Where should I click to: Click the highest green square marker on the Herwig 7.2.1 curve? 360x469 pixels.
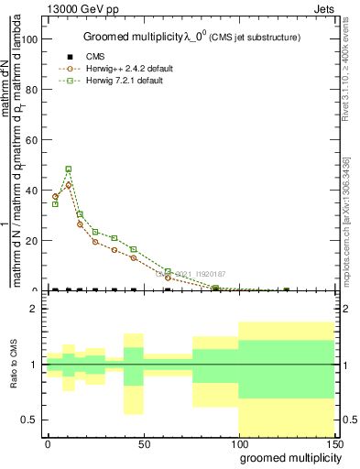pyautogui.click(x=69, y=169)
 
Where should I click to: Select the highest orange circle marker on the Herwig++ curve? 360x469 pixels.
pyautogui.click(x=69, y=185)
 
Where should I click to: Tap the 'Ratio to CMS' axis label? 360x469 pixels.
pyautogui.click(x=15, y=364)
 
